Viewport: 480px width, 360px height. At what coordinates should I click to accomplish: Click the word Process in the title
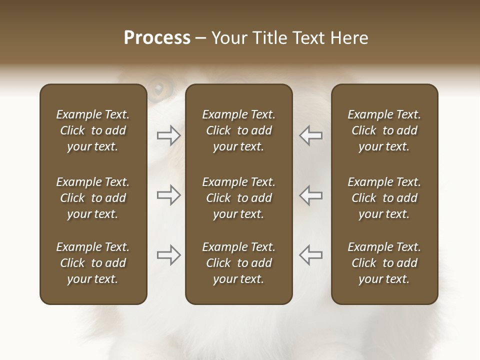[x=157, y=38]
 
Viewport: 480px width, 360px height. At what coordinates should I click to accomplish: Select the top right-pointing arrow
[x=169, y=135]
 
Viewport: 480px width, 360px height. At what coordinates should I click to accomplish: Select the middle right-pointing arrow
[x=169, y=195]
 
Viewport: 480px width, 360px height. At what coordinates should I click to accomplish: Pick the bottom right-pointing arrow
[x=169, y=255]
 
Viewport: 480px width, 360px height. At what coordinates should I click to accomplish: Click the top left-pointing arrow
[x=310, y=135]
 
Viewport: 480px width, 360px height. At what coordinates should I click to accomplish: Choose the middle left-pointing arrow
[x=310, y=195]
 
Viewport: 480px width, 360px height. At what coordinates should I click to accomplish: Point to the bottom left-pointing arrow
[x=310, y=255]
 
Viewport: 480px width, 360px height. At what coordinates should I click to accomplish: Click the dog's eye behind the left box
[x=159, y=89]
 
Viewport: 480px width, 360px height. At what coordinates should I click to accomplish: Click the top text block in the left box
[x=93, y=130]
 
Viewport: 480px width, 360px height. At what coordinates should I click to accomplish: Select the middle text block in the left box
[x=93, y=198]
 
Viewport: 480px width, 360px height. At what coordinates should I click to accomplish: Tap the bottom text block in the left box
[x=93, y=263]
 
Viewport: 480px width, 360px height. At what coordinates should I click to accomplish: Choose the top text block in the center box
[x=238, y=130]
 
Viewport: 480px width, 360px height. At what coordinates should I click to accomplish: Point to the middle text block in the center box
[x=238, y=198]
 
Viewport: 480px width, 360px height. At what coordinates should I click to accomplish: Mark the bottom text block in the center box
[x=238, y=263]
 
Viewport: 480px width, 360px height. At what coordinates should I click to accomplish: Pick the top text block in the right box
[x=384, y=130]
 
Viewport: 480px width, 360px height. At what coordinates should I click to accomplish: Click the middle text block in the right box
[x=384, y=198]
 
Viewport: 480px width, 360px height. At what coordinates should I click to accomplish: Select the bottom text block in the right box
[x=384, y=263]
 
